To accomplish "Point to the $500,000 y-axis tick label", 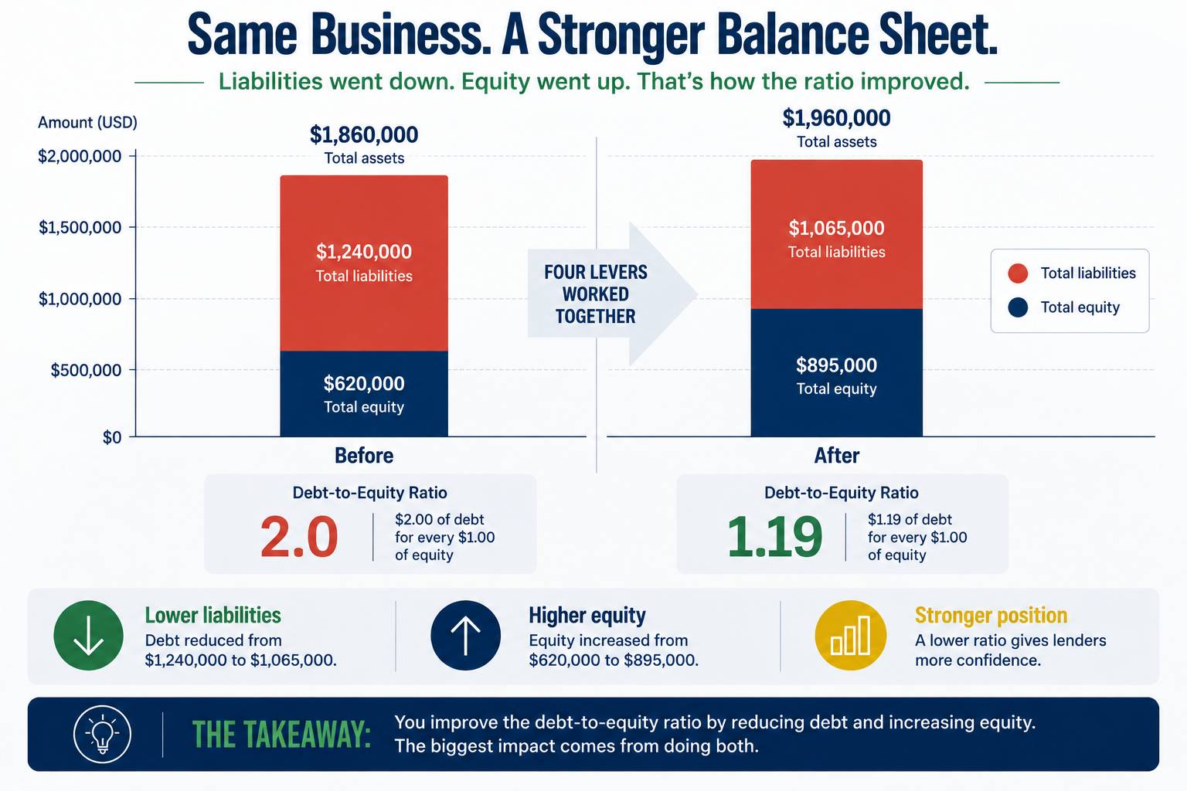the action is pyautogui.click(x=86, y=370).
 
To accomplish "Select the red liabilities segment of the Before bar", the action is pyautogui.click(x=364, y=263).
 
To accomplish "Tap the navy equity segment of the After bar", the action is pyautogui.click(x=837, y=372).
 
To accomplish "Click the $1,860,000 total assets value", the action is pyautogui.click(x=364, y=134).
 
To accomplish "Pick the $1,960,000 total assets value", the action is pyautogui.click(x=837, y=117).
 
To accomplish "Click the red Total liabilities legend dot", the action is pyautogui.click(x=1018, y=273).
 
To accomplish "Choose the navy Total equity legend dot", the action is pyautogui.click(x=1018, y=307).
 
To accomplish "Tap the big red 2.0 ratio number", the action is pyautogui.click(x=299, y=537).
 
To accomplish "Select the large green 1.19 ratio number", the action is pyautogui.click(x=774, y=537).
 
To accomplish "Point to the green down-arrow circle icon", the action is pyautogui.click(x=89, y=635).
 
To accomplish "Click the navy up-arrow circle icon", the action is pyautogui.click(x=465, y=635).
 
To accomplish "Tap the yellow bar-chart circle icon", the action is pyautogui.click(x=851, y=635).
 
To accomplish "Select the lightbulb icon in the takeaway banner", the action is pyautogui.click(x=102, y=735).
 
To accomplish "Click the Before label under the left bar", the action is pyautogui.click(x=364, y=456).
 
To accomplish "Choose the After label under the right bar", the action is pyautogui.click(x=837, y=456).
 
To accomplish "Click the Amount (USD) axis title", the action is pyautogui.click(x=87, y=122).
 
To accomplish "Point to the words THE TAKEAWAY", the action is pyautogui.click(x=281, y=735).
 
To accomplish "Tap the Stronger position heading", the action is pyautogui.click(x=991, y=616).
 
